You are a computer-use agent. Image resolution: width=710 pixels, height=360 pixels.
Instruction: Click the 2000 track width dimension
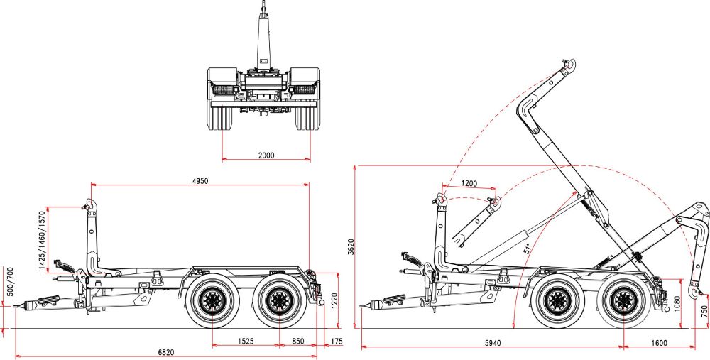(266, 155)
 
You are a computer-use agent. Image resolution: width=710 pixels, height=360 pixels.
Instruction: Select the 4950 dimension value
(200, 181)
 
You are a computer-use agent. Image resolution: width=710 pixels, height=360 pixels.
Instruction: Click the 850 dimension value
(299, 342)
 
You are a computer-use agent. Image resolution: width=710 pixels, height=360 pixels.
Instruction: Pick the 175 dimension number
(336, 342)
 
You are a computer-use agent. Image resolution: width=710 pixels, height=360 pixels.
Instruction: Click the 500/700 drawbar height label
(9, 282)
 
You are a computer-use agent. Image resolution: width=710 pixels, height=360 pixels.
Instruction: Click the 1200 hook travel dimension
(469, 183)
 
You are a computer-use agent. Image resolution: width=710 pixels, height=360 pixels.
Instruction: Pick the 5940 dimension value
(492, 344)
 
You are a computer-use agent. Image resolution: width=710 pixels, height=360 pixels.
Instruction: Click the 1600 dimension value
(658, 344)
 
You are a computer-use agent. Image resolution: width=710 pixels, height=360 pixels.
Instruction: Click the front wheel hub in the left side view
(212, 301)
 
